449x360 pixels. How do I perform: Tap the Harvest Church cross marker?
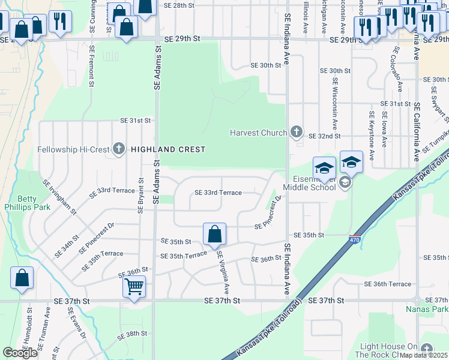(295, 132)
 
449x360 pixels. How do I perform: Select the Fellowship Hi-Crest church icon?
(119, 149)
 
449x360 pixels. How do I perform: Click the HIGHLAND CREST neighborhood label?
(168, 149)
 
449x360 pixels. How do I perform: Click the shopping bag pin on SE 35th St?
(214, 235)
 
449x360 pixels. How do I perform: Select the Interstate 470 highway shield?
(355, 239)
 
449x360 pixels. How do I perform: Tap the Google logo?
(20, 353)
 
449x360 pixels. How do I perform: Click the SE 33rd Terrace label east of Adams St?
(218, 193)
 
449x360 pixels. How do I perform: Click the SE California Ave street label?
(415, 132)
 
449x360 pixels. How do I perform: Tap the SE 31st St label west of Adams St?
(135, 120)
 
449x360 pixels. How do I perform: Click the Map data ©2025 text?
(423, 355)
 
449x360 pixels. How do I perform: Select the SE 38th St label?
(132, 334)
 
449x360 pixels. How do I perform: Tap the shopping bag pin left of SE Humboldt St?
(22, 279)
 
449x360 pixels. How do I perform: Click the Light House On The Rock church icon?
(426, 349)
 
